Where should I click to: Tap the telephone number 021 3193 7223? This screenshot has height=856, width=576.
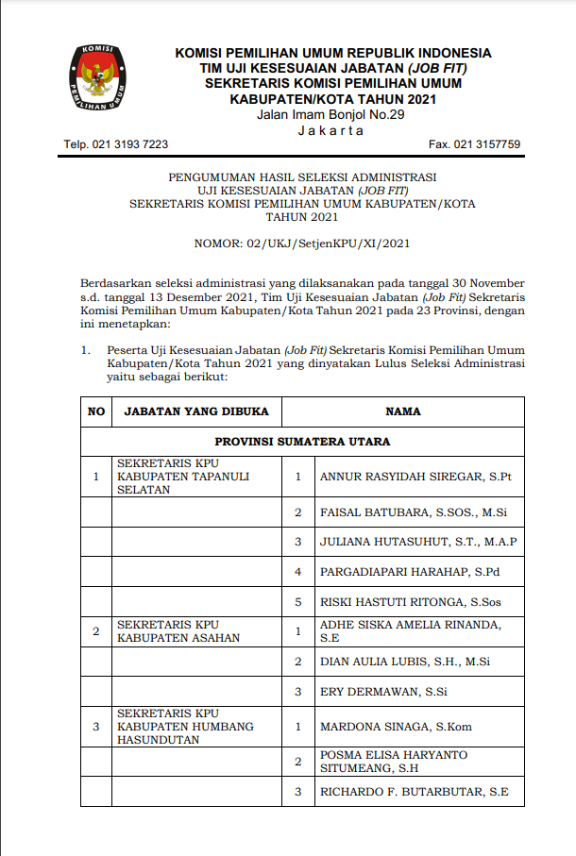pyautogui.click(x=116, y=144)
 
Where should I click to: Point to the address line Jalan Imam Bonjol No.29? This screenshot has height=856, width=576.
pyautogui.click(x=330, y=115)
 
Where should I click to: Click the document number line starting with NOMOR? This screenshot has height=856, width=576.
pyautogui.click(x=302, y=243)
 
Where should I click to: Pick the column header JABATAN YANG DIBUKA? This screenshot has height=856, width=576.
pyautogui.click(x=196, y=411)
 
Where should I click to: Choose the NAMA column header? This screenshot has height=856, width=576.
pyautogui.click(x=403, y=411)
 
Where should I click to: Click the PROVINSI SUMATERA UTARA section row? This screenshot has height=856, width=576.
pyautogui.click(x=302, y=442)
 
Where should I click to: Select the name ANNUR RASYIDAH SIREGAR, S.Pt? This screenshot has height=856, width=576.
pyautogui.click(x=415, y=477)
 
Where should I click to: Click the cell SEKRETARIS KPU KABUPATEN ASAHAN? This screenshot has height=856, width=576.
pyautogui.click(x=178, y=630)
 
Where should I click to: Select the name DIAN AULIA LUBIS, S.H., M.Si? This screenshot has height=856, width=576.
pyautogui.click(x=405, y=662)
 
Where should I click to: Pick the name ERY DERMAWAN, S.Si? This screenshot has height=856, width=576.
pyautogui.click(x=383, y=692)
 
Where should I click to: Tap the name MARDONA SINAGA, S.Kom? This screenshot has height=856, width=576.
pyautogui.click(x=396, y=727)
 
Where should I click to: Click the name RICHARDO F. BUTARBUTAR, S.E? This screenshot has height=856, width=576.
pyautogui.click(x=415, y=791)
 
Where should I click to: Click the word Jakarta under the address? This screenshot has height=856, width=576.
pyautogui.click(x=330, y=130)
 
